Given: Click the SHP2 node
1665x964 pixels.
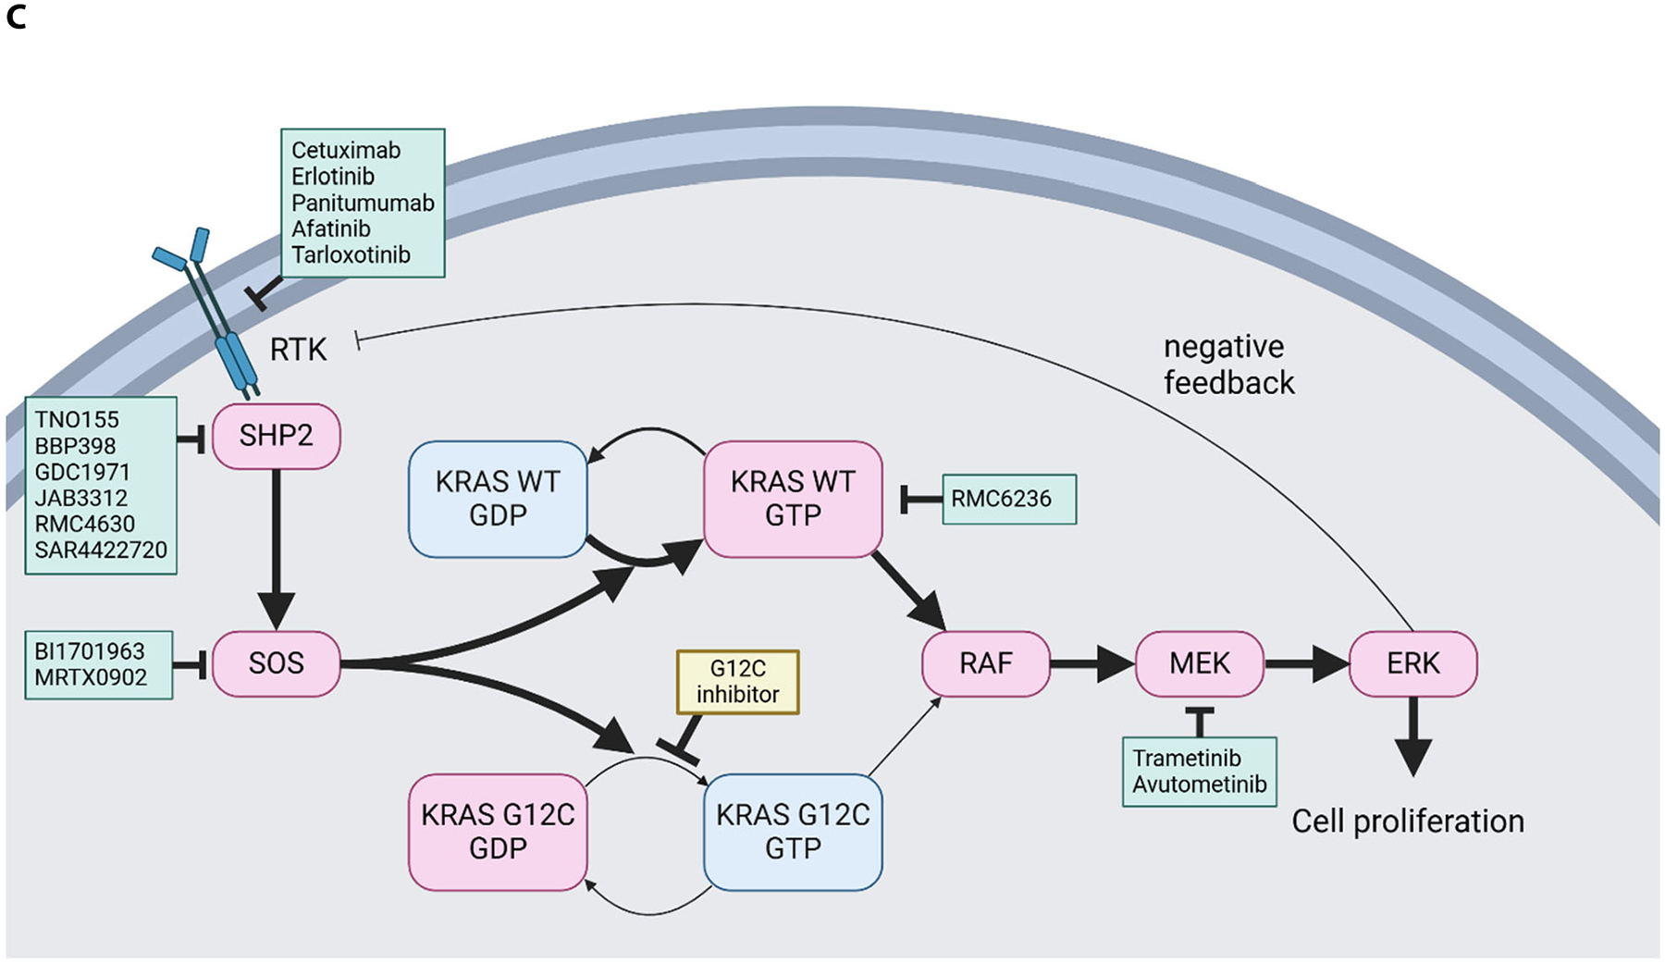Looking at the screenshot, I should click(x=276, y=436).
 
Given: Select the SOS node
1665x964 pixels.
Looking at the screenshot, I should click(x=276, y=663).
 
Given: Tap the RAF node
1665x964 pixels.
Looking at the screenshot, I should click(x=985, y=663).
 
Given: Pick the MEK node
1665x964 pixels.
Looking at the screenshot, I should click(x=1199, y=663).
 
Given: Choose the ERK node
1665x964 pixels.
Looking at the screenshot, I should click(x=1412, y=663).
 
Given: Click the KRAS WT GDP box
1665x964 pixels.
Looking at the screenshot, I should click(x=498, y=499).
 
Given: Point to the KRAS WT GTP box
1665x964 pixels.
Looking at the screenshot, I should click(x=793, y=499).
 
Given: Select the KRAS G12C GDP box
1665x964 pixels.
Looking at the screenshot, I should click(x=498, y=832).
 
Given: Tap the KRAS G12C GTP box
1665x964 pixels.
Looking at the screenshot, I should click(x=793, y=832).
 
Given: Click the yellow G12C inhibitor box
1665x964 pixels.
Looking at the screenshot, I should click(x=737, y=682).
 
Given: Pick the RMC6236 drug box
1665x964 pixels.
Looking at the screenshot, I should click(x=1008, y=500).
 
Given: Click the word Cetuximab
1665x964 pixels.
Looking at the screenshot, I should click(x=346, y=150).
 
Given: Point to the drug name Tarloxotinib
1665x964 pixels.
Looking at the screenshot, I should click(x=351, y=254).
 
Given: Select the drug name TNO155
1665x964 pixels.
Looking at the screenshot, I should click(x=77, y=420).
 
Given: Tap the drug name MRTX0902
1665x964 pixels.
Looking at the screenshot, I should click(x=91, y=677).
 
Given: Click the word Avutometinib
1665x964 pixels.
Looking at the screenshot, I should click(x=1200, y=785).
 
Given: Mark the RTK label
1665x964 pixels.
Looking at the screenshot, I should click(x=298, y=350).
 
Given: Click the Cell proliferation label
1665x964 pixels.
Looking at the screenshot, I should click(x=1407, y=822).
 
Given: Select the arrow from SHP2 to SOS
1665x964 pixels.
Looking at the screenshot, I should click(x=276, y=546).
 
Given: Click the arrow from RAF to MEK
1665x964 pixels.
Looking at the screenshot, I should click(x=1091, y=663).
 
